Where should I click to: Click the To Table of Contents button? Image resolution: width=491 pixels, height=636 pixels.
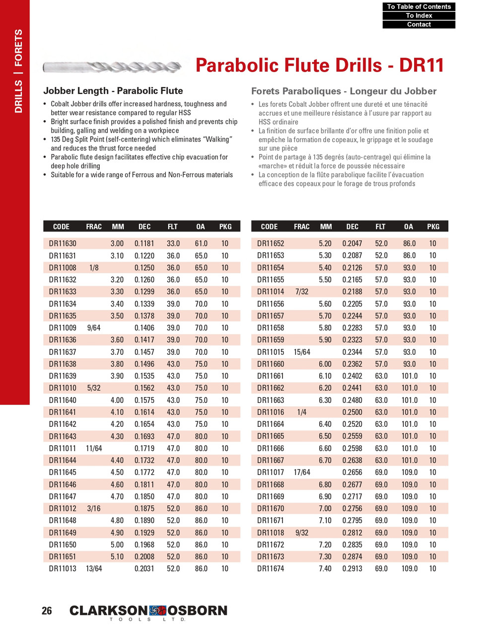tap(419, 7)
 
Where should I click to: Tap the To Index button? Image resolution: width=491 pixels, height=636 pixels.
tap(419, 16)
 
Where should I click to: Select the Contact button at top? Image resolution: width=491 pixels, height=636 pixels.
tap(419, 24)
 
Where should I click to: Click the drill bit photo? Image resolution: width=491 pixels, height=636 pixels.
tap(113, 66)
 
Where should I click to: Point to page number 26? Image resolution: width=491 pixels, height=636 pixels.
tap(47, 611)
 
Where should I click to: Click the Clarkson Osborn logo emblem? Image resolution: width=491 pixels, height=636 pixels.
tap(157, 610)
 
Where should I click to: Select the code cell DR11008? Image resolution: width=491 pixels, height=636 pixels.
tap(63, 268)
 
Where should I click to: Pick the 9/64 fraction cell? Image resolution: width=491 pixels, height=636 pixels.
tap(93, 328)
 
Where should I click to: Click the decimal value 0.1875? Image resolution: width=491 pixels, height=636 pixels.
tap(144, 509)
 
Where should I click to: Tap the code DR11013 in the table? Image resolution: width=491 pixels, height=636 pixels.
tap(63, 569)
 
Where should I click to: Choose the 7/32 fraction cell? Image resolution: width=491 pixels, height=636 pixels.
tap(301, 292)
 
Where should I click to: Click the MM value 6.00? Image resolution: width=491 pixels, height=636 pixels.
tap(325, 364)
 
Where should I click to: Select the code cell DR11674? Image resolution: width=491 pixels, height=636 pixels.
tap(271, 569)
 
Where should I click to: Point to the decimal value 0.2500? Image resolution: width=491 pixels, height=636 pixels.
tap(352, 412)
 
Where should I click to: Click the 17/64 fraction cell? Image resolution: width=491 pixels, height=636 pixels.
tap(301, 473)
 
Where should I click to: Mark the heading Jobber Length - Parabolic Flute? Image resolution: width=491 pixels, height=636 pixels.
tap(113, 91)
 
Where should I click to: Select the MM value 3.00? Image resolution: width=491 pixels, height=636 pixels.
tap(117, 244)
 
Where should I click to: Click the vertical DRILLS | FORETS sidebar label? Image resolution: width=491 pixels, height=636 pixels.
tap(18, 71)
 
